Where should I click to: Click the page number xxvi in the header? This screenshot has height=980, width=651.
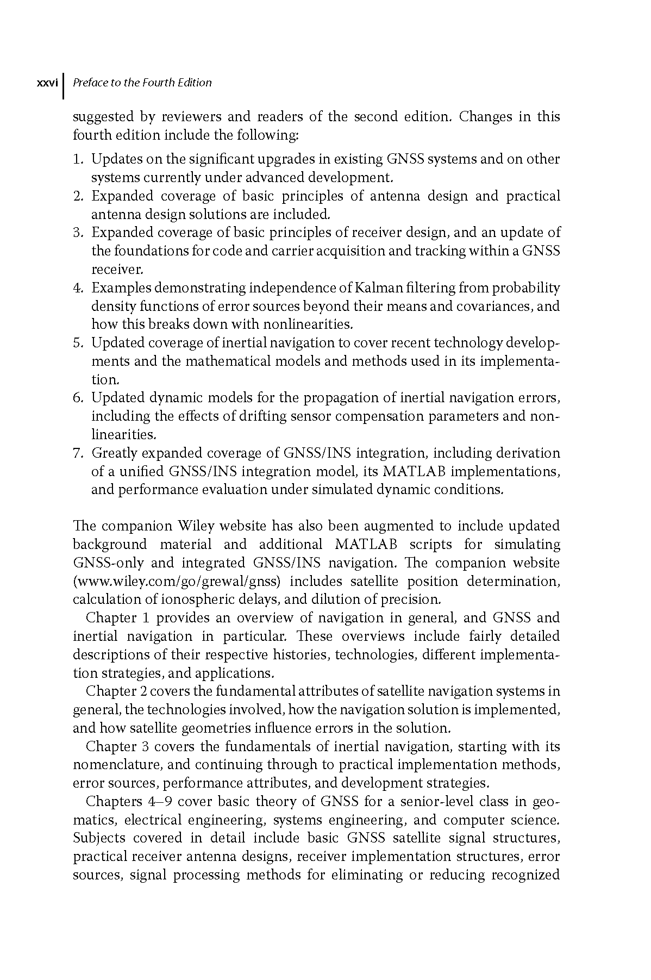tap(47, 83)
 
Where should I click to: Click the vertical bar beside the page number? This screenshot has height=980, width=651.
tap(64, 86)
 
